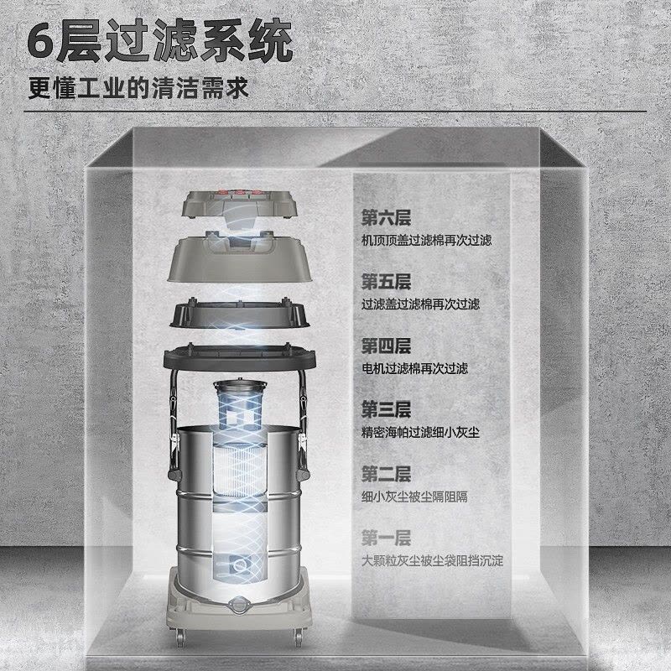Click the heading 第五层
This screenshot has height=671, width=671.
(x=386, y=281)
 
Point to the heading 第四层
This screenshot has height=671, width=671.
(x=386, y=346)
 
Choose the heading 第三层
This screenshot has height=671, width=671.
(x=386, y=409)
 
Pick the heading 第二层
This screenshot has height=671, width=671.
(x=386, y=473)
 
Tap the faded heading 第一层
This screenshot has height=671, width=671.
(x=386, y=538)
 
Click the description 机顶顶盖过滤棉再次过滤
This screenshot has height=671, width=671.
(x=426, y=240)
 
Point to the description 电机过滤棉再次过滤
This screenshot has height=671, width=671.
(x=414, y=368)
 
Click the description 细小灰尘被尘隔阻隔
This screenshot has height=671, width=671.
(x=414, y=496)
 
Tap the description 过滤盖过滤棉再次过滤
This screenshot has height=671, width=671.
(x=420, y=304)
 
